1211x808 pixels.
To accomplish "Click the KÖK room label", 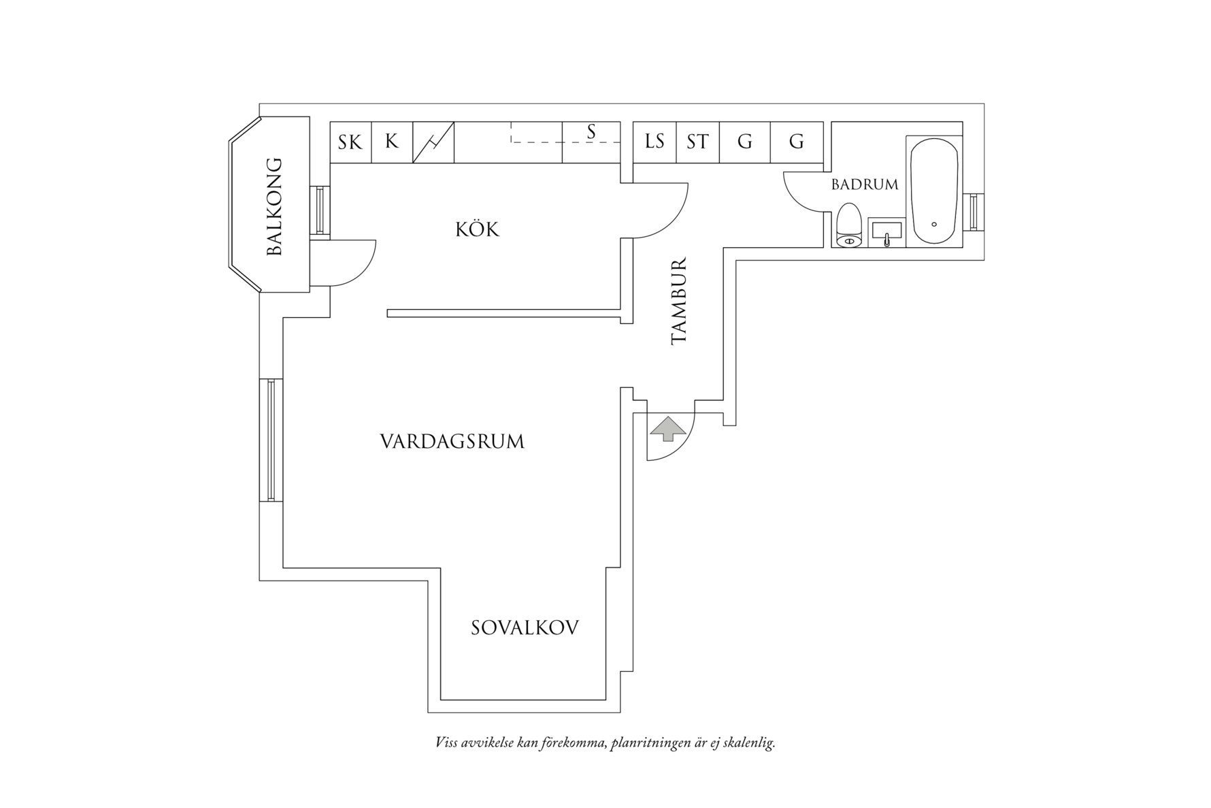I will (477, 229).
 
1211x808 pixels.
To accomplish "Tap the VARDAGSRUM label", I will (452, 442).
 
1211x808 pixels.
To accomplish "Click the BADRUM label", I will (864, 184).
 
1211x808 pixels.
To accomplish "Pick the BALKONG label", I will (273, 206).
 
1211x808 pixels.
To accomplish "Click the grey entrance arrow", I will (668, 428).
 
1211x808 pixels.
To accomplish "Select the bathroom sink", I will (886, 231).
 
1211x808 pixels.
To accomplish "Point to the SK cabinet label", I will (350, 142).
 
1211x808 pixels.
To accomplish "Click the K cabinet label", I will (391, 142).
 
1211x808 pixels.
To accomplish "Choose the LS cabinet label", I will (654, 142).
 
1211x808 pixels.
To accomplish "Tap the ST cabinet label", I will (697, 142).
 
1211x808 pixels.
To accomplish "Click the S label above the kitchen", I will (591, 131).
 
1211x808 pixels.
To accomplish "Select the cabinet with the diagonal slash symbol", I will (433, 142).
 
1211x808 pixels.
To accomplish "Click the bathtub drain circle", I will (934, 224).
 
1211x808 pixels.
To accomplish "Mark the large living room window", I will (271, 440).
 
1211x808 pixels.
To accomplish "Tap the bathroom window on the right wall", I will (973, 211).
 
